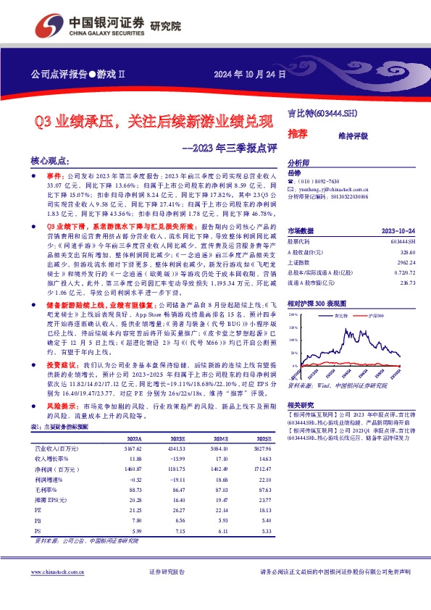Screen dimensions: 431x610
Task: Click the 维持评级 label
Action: point(353,135)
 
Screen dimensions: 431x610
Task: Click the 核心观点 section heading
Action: point(50,160)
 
